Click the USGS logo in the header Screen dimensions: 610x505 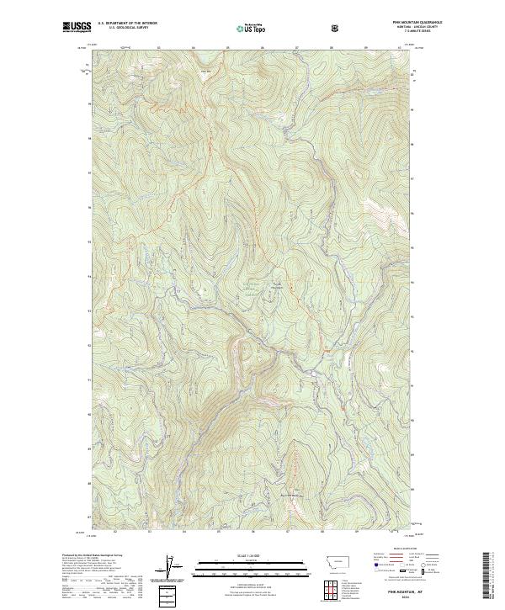point(77,28)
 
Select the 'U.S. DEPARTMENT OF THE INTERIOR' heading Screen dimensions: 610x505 point(127,24)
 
